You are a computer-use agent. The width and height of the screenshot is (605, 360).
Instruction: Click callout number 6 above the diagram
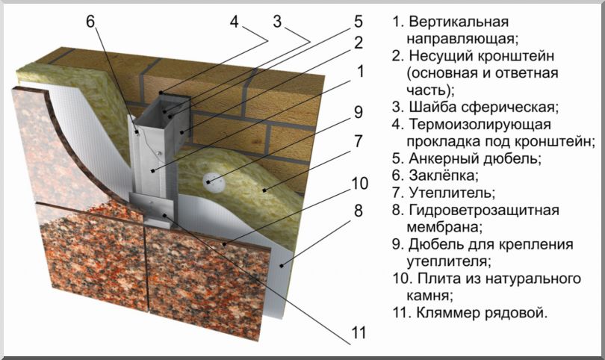[90, 21]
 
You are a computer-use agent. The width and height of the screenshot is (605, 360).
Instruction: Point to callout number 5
[358, 20]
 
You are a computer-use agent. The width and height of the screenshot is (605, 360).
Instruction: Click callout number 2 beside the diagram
[359, 43]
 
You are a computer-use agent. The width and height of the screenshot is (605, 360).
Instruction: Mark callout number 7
[359, 140]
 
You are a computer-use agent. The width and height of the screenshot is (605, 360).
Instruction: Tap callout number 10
[359, 183]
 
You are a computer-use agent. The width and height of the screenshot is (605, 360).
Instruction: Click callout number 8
[359, 211]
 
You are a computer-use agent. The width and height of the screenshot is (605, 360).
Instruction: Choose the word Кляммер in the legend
[441, 313]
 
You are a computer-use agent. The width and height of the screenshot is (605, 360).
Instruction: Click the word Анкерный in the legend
[440, 158]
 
